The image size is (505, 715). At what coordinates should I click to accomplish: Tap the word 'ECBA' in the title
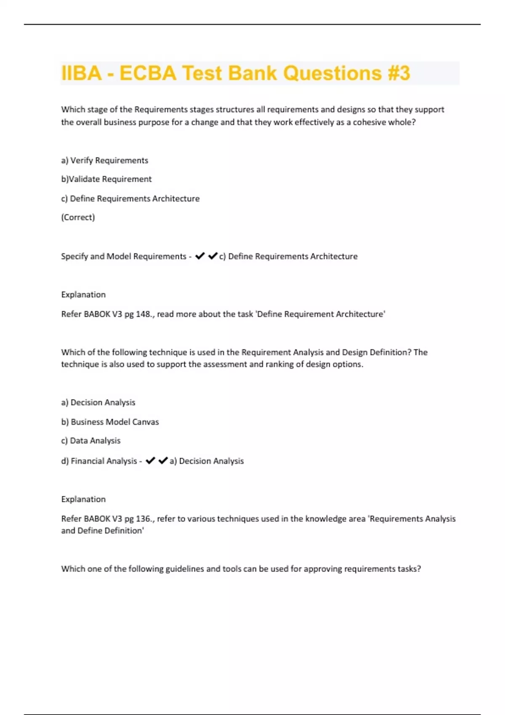tap(148, 73)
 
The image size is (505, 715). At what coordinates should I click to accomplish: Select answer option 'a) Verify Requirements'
tap(105, 160)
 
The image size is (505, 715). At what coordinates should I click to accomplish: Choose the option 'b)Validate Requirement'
tap(106, 179)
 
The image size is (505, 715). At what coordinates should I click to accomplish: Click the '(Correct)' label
tap(78, 217)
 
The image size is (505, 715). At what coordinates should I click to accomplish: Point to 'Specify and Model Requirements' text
tap(123, 257)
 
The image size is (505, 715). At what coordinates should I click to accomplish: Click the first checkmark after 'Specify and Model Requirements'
tap(200, 256)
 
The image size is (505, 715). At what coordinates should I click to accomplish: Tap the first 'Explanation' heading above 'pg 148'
tap(83, 295)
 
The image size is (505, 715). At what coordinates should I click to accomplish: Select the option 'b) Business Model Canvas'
tap(110, 422)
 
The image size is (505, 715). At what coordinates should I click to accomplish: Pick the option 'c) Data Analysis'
tap(91, 441)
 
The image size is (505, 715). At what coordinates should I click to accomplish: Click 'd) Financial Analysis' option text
tap(99, 461)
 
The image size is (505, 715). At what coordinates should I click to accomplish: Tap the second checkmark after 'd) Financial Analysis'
tap(163, 461)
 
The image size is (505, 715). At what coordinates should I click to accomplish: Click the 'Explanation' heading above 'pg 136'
tap(83, 499)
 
